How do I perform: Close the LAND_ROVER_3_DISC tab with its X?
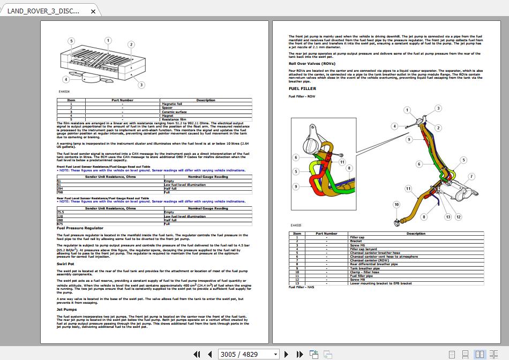[93, 11]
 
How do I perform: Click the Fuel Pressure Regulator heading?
[80, 228]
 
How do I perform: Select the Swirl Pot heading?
[65, 264]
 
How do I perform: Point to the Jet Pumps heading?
[67, 309]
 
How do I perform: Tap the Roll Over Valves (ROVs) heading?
[312, 64]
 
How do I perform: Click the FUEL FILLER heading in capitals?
[302, 88]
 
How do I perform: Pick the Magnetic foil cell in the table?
[171, 104]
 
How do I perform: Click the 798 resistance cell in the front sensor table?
[60, 192]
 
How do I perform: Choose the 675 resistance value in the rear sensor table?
[60, 224]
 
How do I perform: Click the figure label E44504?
[64, 92]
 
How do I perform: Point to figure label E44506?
[296, 226]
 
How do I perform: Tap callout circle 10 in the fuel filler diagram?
[396, 204]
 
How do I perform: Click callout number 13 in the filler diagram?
[448, 217]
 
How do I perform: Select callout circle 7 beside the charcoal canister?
[471, 176]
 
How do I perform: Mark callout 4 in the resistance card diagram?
[66, 79]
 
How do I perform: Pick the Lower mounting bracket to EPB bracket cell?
[380, 283]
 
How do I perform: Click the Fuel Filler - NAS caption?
[302, 287]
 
